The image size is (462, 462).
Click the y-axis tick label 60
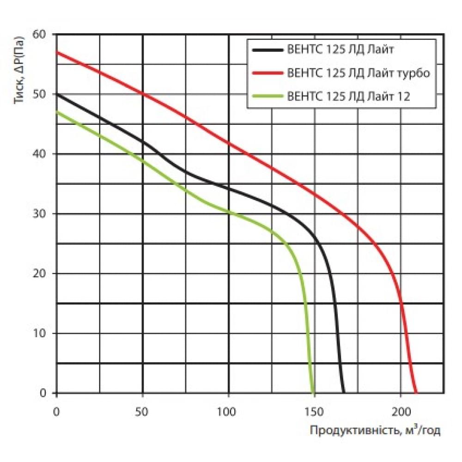pyautogui.click(x=40, y=35)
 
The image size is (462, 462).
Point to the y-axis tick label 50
pyautogui.click(x=40, y=94)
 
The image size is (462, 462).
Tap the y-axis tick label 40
pyautogui.click(x=40, y=154)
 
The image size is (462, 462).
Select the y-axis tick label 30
pyautogui.click(x=40, y=213)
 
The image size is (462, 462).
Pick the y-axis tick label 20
pyautogui.click(x=40, y=274)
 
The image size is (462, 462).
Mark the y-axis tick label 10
pyautogui.click(x=40, y=333)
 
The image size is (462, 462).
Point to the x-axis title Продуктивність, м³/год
pyautogui.click(x=375, y=431)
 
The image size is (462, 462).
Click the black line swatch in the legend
pyautogui.click(x=267, y=49)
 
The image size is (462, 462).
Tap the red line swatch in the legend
pyautogui.click(x=267, y=73)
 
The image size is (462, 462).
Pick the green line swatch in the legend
pyautogui.click(x=267, y=97)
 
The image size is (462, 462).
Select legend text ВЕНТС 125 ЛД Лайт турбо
pyautogui.click(x=359, y=73)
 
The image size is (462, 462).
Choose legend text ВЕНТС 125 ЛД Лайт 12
pyautogui.click(x=349, y=97)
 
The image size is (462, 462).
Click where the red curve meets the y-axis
pyautogui.click(x=56, y=52)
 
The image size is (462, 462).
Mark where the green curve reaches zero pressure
pyautogui.click(x=313, y=392)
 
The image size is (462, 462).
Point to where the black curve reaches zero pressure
pyautogui.click(x=344, y=392)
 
